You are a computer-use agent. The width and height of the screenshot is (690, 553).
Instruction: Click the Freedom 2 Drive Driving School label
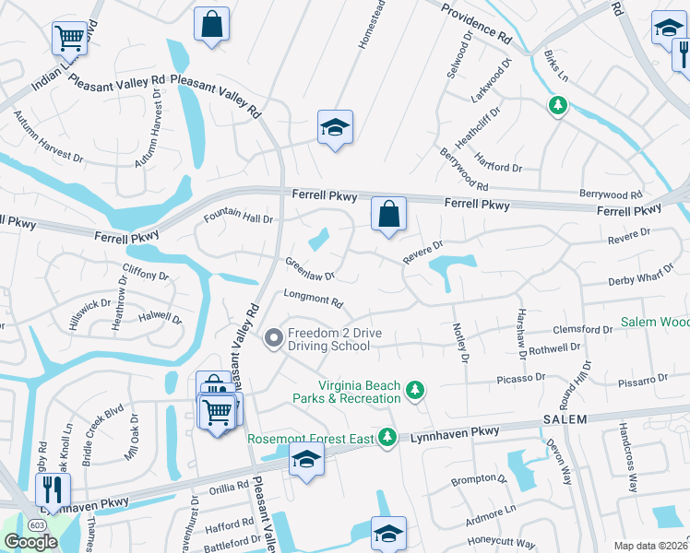tap(327, 339)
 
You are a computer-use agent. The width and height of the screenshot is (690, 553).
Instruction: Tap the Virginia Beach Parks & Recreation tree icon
tap(416, 391)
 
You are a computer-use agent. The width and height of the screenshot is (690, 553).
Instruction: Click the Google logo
tap(30, 542)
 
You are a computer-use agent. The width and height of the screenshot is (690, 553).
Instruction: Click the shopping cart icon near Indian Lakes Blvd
tap(69, 38)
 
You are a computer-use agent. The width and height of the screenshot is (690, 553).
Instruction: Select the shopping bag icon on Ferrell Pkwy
tap(388, 215)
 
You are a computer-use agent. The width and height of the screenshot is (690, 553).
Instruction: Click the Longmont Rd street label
tap(314, 300)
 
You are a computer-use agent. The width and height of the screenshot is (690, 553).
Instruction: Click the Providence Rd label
tap(476, 25)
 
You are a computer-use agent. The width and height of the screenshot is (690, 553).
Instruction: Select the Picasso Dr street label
tap(522, 377)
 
